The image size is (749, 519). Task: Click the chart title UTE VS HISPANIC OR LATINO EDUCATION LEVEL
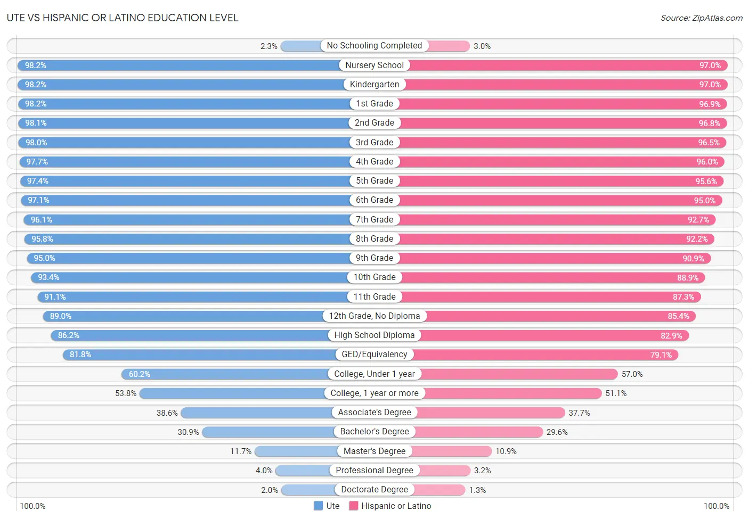point(123,18)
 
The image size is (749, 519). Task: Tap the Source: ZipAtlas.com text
point(701,18)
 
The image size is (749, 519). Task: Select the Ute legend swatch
point(319,506)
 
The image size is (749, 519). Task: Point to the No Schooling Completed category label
point(374,46)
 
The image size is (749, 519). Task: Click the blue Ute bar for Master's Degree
point(296,451)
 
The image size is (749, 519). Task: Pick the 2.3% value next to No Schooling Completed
point(269,46)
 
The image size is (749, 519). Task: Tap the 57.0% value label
point(632,374)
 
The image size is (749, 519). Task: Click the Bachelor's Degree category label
point(374,432)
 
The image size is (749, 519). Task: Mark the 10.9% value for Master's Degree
point(506,451)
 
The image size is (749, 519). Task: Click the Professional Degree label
point(374,471)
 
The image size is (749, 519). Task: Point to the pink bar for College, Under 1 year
point(520,374)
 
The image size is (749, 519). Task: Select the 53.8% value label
point(126,393)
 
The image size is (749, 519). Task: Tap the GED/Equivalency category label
point(374,355)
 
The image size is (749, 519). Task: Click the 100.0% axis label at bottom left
point(32,506)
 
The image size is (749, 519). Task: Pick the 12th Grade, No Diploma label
point(374,316)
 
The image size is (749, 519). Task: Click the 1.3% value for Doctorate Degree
point(477,490)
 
